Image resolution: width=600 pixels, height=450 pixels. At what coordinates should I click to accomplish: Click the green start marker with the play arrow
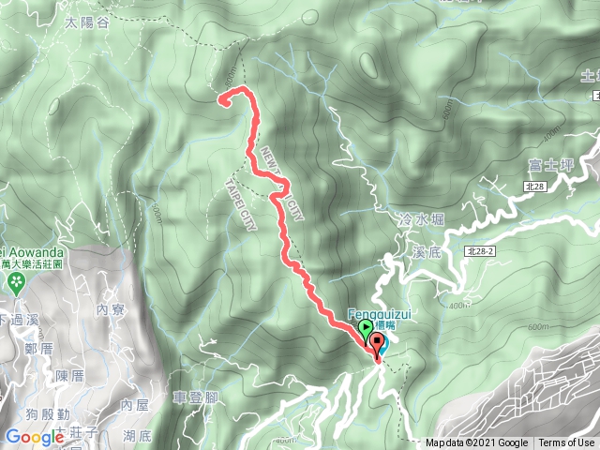click(x=365, y=328)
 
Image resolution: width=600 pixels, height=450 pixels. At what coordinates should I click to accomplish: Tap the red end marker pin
click(x=377, y=343)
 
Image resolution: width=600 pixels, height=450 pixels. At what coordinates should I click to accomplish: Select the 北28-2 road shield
click(x=478, y=251)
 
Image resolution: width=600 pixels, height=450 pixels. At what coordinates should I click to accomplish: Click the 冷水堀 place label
click(x=421, y=218)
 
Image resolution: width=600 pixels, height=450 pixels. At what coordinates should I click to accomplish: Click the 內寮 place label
click(x=111, y=307)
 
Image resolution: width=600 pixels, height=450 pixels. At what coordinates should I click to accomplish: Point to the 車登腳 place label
click(x=196, y=397)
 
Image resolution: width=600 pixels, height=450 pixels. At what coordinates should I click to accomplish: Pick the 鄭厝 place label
click(x=38, y=349)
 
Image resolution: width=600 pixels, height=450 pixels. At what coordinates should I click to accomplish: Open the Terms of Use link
click(x=565, y=443)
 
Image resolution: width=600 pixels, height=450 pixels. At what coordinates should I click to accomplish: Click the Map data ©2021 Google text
click(x=476, y=443)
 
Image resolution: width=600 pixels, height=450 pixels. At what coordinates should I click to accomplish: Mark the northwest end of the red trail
click(x=223, y=97)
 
